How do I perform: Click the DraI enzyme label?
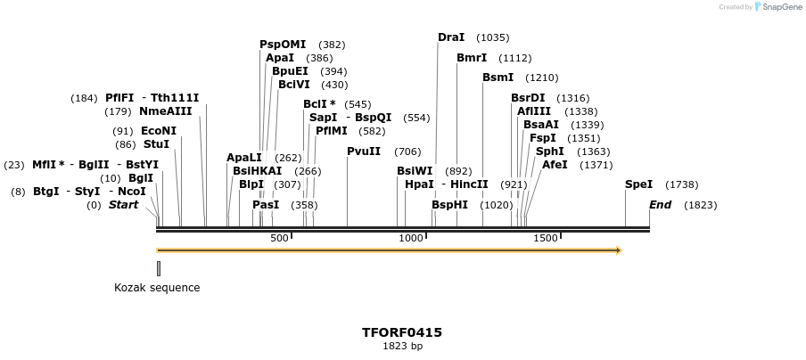tap(451, 37)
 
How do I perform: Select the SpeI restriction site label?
tap(638, 184)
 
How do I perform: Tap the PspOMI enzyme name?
tap(283, 45)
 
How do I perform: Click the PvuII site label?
tap(364, 151)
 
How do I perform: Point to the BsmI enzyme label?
tap(498, 78)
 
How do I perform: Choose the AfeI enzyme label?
tap(555, 165)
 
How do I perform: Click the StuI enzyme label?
tap(156, 144)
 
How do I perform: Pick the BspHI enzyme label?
tap(449, 205)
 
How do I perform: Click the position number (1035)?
tap(493, 37)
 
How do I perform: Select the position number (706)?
tap(407, 151)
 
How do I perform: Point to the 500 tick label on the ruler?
tap(279, 238)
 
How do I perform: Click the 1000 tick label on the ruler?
tap(411, 238)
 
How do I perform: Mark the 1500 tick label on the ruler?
tap(546, 238)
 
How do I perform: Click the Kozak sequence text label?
tap(157, 288)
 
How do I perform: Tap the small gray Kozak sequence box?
tap(159, 268)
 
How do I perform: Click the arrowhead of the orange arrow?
tap(618, 250)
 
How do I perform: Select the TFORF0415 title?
tap(402, 333)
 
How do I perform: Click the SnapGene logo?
tap(778, 7)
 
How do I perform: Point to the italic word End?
tap(660, 205)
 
